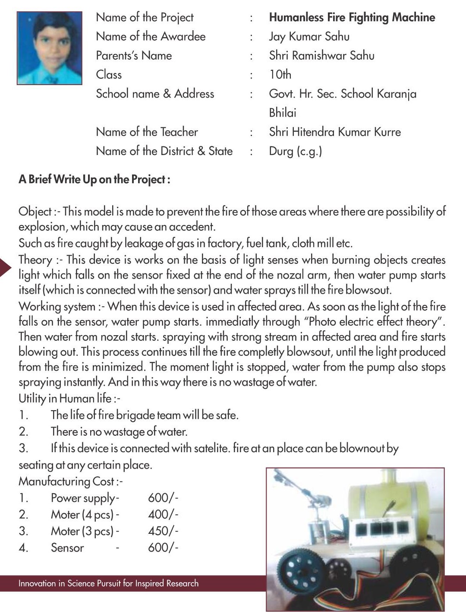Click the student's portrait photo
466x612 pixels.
coord(49,48)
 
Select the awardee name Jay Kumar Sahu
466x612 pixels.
coord(309,37)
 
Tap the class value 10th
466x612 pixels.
coord(280,75)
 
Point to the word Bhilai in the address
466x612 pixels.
coord(283,113)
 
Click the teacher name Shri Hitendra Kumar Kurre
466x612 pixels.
coord(335,132)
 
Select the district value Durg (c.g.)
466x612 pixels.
coord(295,151)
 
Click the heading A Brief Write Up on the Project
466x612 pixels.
coord(94,180)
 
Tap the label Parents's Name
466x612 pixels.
coord(134,56)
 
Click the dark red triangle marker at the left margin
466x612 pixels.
coord(5,267)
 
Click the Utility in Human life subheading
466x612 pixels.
coord(69,398)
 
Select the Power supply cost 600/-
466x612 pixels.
coord(163,498)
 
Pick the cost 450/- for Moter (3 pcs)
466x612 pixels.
coord(163,531)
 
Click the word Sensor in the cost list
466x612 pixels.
coord(67,548)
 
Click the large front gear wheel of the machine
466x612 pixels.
coord(298,570)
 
